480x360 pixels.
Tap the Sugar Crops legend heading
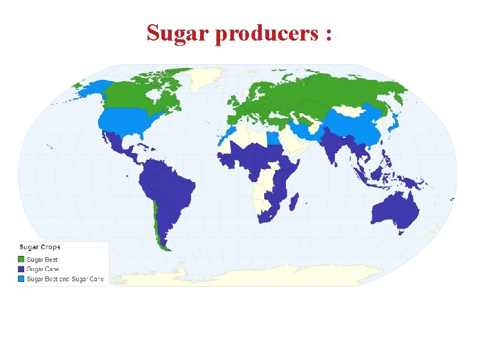pyautogui.click(x=40, y=247)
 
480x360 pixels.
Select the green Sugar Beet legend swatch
pyautogui.click(x=21, y=260)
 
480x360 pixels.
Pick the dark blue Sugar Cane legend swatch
pyautogui.click(x=21, y=269)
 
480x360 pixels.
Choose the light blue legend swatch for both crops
pyautogui.click(x=21, y=279)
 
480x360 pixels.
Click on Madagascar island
pyautogui.click(x=294, y=200)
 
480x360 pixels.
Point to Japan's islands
pyautogui.click(x=394, y=128)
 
